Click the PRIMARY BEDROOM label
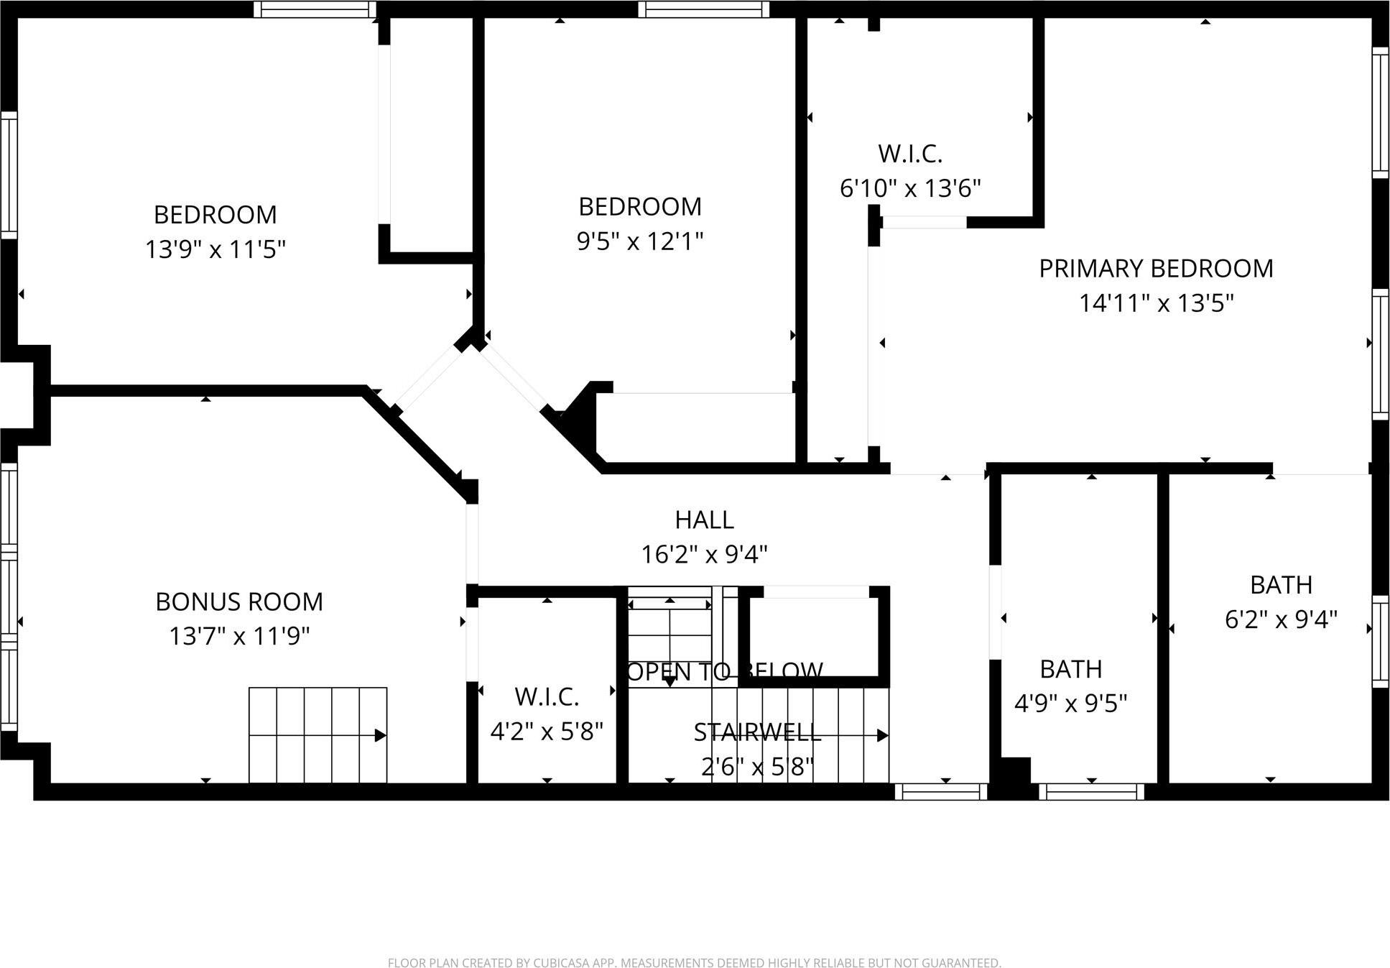1155,269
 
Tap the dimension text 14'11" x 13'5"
1155,303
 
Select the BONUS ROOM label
239,601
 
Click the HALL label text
704,520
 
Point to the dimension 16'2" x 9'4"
704,555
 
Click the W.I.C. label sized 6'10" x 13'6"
909,154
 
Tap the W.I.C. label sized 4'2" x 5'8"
547,696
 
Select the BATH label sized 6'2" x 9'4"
1281,585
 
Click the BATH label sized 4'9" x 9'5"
1070,669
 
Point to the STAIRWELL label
757,732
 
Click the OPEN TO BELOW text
725,671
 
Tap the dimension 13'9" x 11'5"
216,249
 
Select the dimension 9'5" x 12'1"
639,241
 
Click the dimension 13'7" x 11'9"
239,636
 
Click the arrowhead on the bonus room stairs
381,735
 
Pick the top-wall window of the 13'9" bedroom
315,9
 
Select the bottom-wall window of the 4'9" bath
1091,792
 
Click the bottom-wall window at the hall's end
941,792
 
